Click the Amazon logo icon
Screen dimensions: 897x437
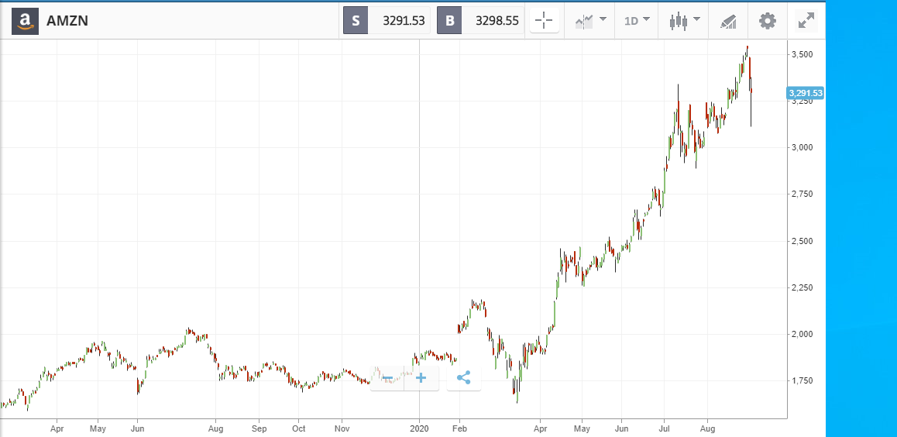[x=25, y=21]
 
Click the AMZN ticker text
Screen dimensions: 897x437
[x=67, y=21]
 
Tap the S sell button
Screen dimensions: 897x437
[x=356, y=21]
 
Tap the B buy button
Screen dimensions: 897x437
[x=449, y=21]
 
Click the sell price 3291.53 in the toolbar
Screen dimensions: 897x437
[x=404, y=21]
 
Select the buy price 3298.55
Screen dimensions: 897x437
[x=498, y=21]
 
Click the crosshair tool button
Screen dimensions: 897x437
[x=544, y=21]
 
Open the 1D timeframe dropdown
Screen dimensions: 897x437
[x=637, y=21]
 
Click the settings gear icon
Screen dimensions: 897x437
[x=768, y=21]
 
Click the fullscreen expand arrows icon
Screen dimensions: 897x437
[x=806, y=21]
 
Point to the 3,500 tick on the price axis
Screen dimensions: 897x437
[x=802, y=54]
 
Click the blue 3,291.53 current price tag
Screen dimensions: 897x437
[x=806, y=93]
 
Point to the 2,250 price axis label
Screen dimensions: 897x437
[x=802, y=287]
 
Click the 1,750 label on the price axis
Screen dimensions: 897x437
[x=802, y=380]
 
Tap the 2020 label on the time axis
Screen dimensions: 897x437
[x=419, y=428]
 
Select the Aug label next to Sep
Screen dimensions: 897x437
[x=215, y=428]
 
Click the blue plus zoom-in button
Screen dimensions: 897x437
[x=421, y=378]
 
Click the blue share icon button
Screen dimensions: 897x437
[x=464, y=378]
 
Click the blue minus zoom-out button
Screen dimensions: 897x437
[x=387, y=378]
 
